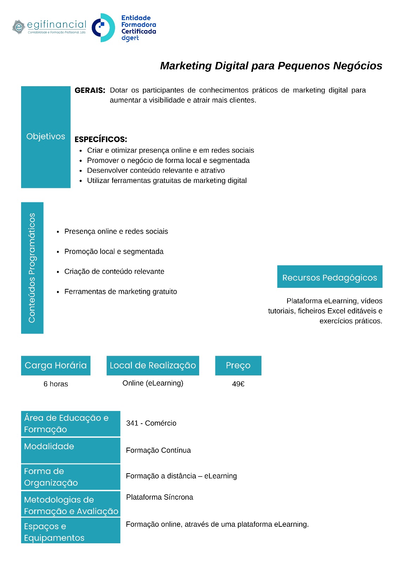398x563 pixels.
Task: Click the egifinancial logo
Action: pyautogui.click(x=49, y=27)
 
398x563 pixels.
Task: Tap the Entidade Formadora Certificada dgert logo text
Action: pyautogui.click(x=138, y=28)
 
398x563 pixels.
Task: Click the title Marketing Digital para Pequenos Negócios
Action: pyautogui.click(x=271, y=66)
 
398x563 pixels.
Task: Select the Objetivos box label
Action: pyautogui.click(x=46, y=137)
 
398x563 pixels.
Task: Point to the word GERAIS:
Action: pyautogui.click(x=90, y=90)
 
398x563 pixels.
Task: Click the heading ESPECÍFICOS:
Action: pyautogui.click(x=101, y=139)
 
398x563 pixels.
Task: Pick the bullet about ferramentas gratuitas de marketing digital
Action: pyautogui.click(x=167, y=181)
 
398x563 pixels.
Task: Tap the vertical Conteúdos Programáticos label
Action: pyautogui.click(x=32, y=268)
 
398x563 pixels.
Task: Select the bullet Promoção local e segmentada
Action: pyautogui.click(x=114, y=252)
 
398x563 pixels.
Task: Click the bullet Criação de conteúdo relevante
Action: pyautogui.click(x=114, y=272)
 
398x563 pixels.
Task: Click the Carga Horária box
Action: pyautogui.click(x=56, y=366)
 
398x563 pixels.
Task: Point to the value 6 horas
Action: pyautogui.click(x=56, y=384)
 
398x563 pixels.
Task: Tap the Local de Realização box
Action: pyautogui.click(x=153, y=366)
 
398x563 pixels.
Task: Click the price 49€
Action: pyautogui.click(x=238, y=384)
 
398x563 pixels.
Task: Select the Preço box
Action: pyautogui.click(x=238, y=366)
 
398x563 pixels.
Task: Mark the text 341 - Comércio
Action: pyautogui.click(x=151, y=423)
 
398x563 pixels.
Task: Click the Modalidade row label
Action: pyautogui.click(x=49, y=447)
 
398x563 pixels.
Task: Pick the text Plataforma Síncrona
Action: pyautogui.click(x=159, y=497)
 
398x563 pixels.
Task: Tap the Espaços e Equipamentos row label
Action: pyautogui.click(x=54, y=532)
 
